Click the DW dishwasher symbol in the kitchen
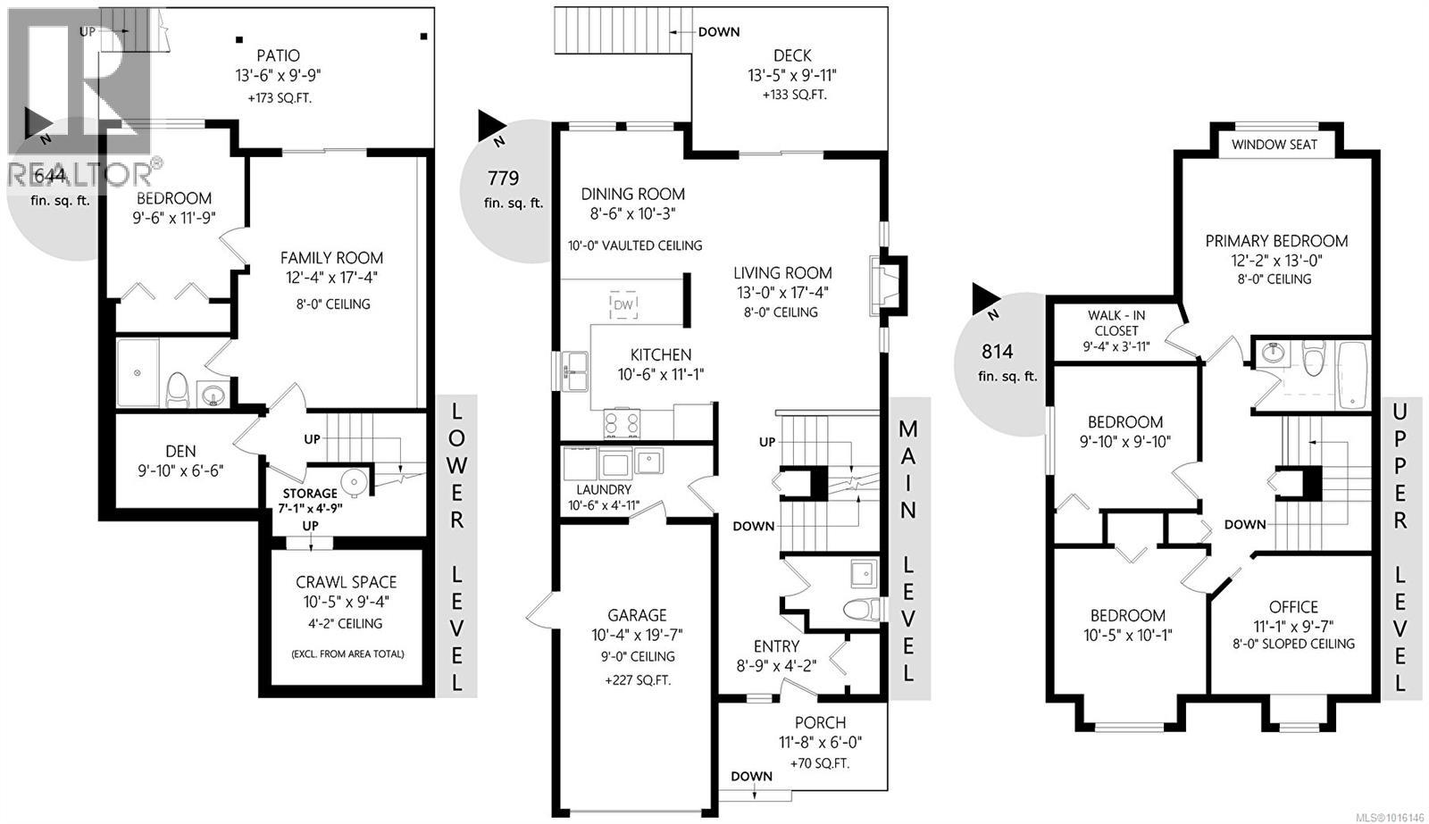(623, 305)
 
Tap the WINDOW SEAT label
(1274, 145)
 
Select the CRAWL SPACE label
(347, 582)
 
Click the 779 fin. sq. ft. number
(503, 178)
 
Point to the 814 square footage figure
(998, 352)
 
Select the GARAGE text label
(637, 615)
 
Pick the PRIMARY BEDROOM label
(1275, 241)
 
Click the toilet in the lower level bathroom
(176, 389)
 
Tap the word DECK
(791, 55)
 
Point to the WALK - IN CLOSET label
(1116, 322)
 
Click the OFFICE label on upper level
(1293, 607)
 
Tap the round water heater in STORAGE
(355, 483)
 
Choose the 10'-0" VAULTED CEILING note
(635, 246)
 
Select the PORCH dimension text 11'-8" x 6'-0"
(819, 742)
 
